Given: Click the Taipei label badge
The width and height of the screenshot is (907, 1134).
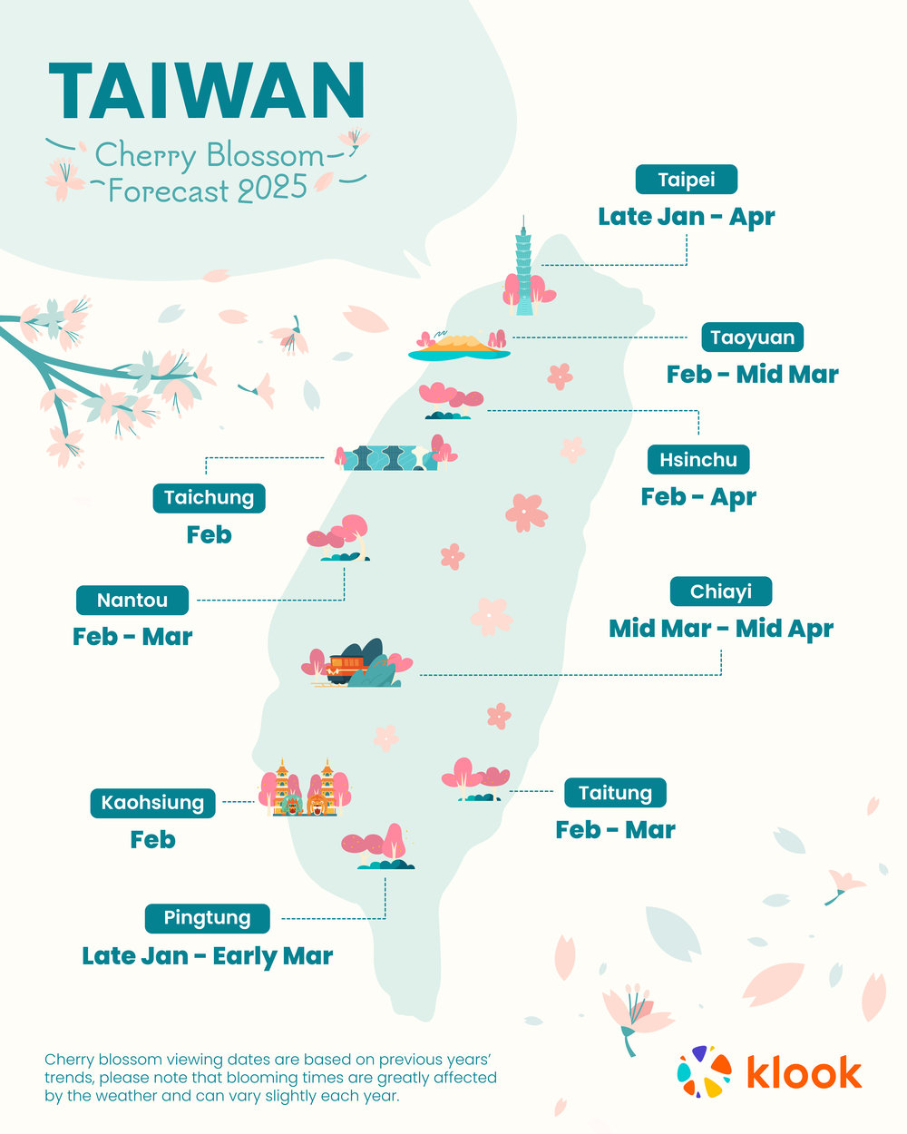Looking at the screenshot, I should click(686, 180).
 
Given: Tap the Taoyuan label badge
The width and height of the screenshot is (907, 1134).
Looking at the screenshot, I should click(752, 337).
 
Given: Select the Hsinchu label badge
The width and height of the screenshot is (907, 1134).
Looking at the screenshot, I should click(698, 460).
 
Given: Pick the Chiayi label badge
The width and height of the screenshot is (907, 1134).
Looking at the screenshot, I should click(721, 591).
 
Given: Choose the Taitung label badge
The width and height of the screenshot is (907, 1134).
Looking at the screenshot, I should click(615, 793).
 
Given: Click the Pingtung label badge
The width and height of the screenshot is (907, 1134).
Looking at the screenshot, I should click(207, 918).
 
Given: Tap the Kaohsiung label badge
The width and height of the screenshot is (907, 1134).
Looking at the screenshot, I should click(152, 803).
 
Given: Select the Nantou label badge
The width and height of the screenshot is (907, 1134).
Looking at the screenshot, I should click(132, 601).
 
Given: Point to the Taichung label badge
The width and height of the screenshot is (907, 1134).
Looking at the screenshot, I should click(209, 498).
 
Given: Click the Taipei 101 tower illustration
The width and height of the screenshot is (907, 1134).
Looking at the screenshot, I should click(523, 267).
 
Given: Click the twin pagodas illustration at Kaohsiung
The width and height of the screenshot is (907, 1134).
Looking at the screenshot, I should click(305, 788).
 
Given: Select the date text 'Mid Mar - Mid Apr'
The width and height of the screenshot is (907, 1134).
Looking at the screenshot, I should click(721, 629).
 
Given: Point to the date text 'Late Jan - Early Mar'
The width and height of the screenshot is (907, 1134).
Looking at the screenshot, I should click(208, 956).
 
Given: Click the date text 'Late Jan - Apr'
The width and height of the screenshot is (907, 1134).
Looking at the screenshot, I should click(686, 217).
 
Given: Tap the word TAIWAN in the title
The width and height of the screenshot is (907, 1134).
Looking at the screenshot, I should click(207, 92).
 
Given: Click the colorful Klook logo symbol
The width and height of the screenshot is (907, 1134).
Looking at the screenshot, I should click(704, 1071).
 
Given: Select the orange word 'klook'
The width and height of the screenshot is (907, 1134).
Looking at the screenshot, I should click(804, 1072).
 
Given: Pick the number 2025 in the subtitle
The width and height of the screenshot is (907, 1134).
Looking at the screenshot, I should click(273, 190).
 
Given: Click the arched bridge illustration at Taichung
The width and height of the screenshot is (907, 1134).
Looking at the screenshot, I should click(385, 457).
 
